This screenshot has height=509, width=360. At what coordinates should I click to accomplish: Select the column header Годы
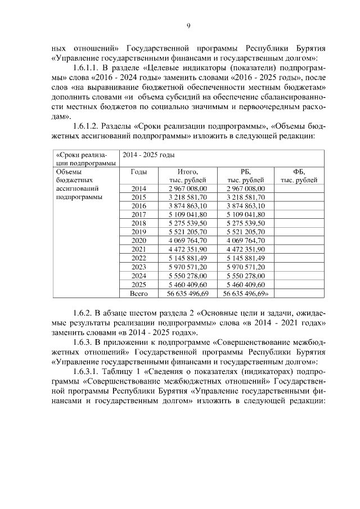click(x=138, y=172)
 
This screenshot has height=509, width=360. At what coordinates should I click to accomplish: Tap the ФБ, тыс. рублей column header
click(x=298, y=175)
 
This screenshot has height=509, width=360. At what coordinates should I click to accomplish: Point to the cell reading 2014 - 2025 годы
click(x=146, y=155)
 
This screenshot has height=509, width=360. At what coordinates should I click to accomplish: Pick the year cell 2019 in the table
click(x=138, y=231)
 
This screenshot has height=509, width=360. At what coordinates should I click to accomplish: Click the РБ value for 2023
click(x=245, y=267)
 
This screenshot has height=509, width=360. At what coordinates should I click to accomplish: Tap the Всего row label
click(x=138, y=293)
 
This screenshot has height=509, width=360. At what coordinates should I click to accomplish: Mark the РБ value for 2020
click(x=245, y=240)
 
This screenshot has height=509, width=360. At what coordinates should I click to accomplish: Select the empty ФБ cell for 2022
click(x=298, y=258)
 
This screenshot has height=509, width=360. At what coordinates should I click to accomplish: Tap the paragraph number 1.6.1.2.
click(x=83, y=127)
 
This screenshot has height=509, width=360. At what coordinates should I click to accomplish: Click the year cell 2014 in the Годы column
click(x=138, y=188)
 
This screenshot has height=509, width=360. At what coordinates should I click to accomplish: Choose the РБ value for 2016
click(x=245, y=206)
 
